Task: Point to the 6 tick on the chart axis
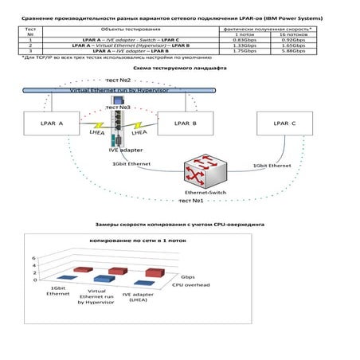click(34, 258)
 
